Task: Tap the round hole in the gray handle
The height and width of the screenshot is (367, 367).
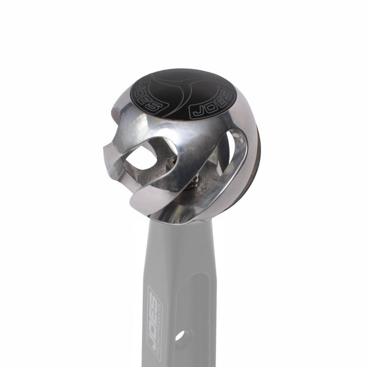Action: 179,335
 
